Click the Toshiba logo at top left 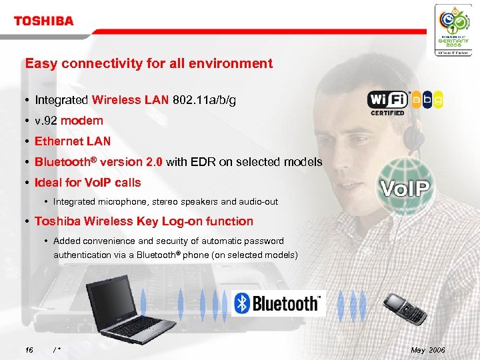click(x=43, y=21)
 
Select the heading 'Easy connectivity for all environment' click(x=149, y=64)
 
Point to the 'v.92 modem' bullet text click(x=69, y=121)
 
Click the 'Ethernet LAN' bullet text click(x=73, y=141)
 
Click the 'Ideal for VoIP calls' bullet click(x=87, y=182)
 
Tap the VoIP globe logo click(x=405, y=185)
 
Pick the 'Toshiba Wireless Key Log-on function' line click(x=143, y=221)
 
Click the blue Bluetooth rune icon click(x=242, y=304)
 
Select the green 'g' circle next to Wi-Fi click(x=437, y=99)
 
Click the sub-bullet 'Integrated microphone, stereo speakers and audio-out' click(x=165, y=201)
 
